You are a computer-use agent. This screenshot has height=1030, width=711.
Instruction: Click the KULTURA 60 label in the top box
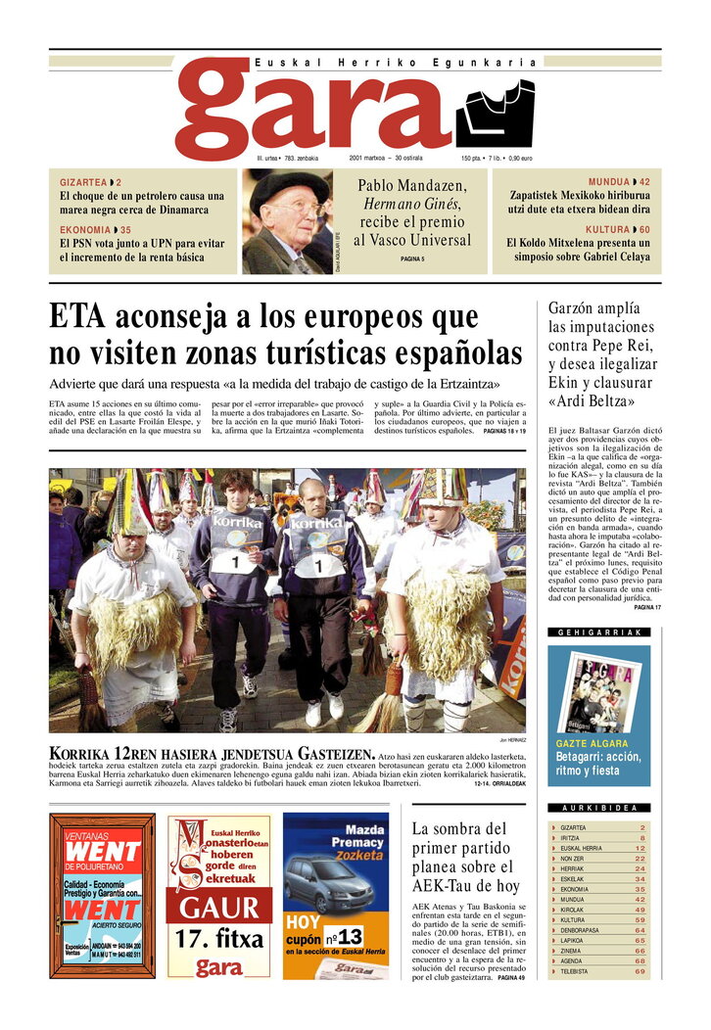pyautogui.click(x=617, y=230)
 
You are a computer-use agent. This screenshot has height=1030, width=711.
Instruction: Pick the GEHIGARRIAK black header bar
pyautogui.click(x=598, y=632)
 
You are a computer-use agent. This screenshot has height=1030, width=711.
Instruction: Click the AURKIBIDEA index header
pyautogui.click(x=598, y=808)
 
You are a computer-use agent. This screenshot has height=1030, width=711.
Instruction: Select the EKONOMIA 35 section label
pyautogui.click(x=94, y=230)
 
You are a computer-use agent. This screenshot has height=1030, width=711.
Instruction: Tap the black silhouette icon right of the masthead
pyautogui.click(x=495, y=115)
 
